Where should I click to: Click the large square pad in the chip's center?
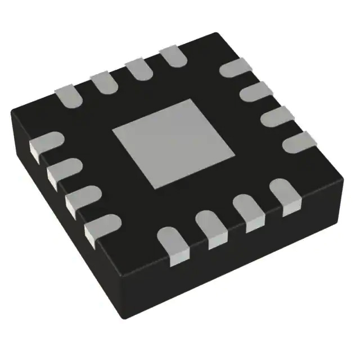click(173, 143)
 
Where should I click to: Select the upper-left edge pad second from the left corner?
click(102, 82)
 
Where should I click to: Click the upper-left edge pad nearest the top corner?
click(171, 57)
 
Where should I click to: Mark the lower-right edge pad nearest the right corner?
click(283, 197)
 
